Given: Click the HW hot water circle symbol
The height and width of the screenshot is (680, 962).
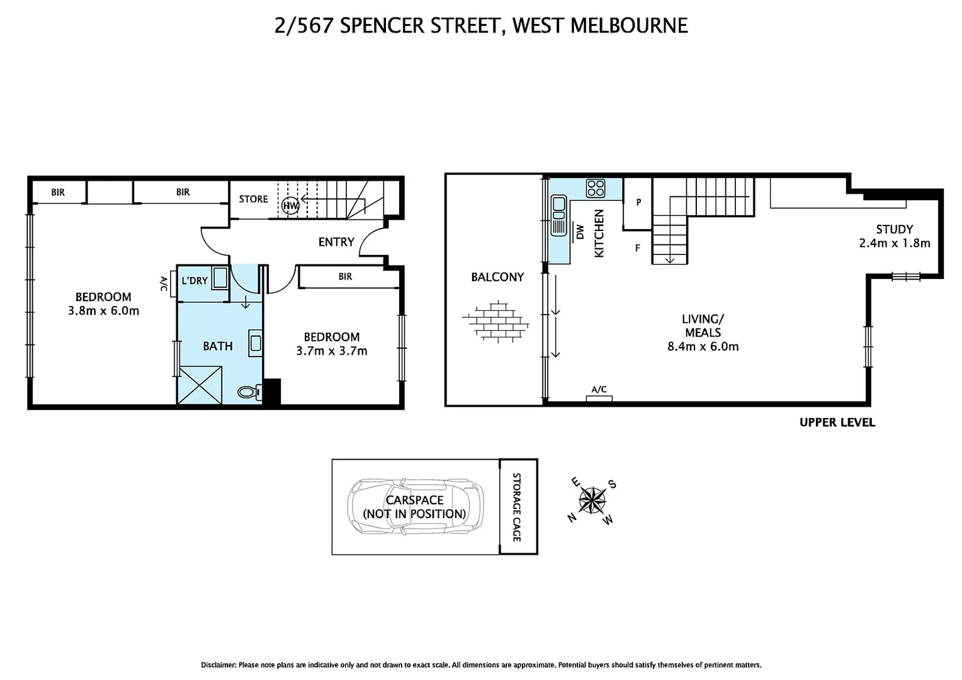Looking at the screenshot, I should coord(290,205).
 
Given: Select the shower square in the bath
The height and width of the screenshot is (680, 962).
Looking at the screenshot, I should coord(200,385).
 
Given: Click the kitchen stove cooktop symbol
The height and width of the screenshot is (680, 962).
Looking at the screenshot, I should coord(595,188).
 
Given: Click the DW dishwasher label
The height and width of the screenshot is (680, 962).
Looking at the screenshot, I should coord(580,232).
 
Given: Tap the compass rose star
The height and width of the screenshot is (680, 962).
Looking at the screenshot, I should coord(592,502).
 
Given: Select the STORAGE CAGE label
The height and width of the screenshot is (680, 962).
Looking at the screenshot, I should coord(517,507).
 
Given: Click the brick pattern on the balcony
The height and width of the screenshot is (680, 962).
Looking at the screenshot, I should coord(496,321).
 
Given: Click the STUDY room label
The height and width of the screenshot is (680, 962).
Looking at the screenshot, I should coord(894,229).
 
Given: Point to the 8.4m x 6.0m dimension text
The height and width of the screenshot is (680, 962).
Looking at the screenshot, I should coord(703,346).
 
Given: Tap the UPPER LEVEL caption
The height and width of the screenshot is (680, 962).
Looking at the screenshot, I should coord(837,422).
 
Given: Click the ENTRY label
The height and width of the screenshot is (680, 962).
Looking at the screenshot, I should coord(336,242).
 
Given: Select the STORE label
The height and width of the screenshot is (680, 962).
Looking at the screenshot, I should coord(253,199).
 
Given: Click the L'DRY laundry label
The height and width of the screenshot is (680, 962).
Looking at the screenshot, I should coord(195,281).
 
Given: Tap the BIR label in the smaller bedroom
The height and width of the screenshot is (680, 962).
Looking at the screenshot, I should coord(345,276).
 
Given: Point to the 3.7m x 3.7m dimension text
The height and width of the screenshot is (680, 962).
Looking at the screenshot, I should coord(332,351).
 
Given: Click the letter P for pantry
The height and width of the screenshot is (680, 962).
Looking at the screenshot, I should coord(638,203).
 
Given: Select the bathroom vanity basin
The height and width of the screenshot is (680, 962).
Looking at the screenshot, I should coord(255,343).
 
